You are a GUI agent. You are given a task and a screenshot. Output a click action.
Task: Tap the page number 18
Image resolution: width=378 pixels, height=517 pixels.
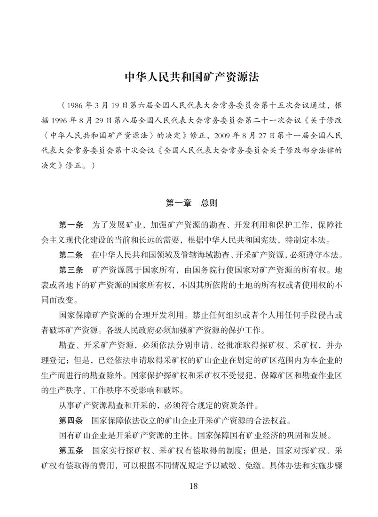(189, 486)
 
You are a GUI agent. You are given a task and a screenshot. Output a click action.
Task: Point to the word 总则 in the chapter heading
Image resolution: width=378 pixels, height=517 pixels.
(209, 203)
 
